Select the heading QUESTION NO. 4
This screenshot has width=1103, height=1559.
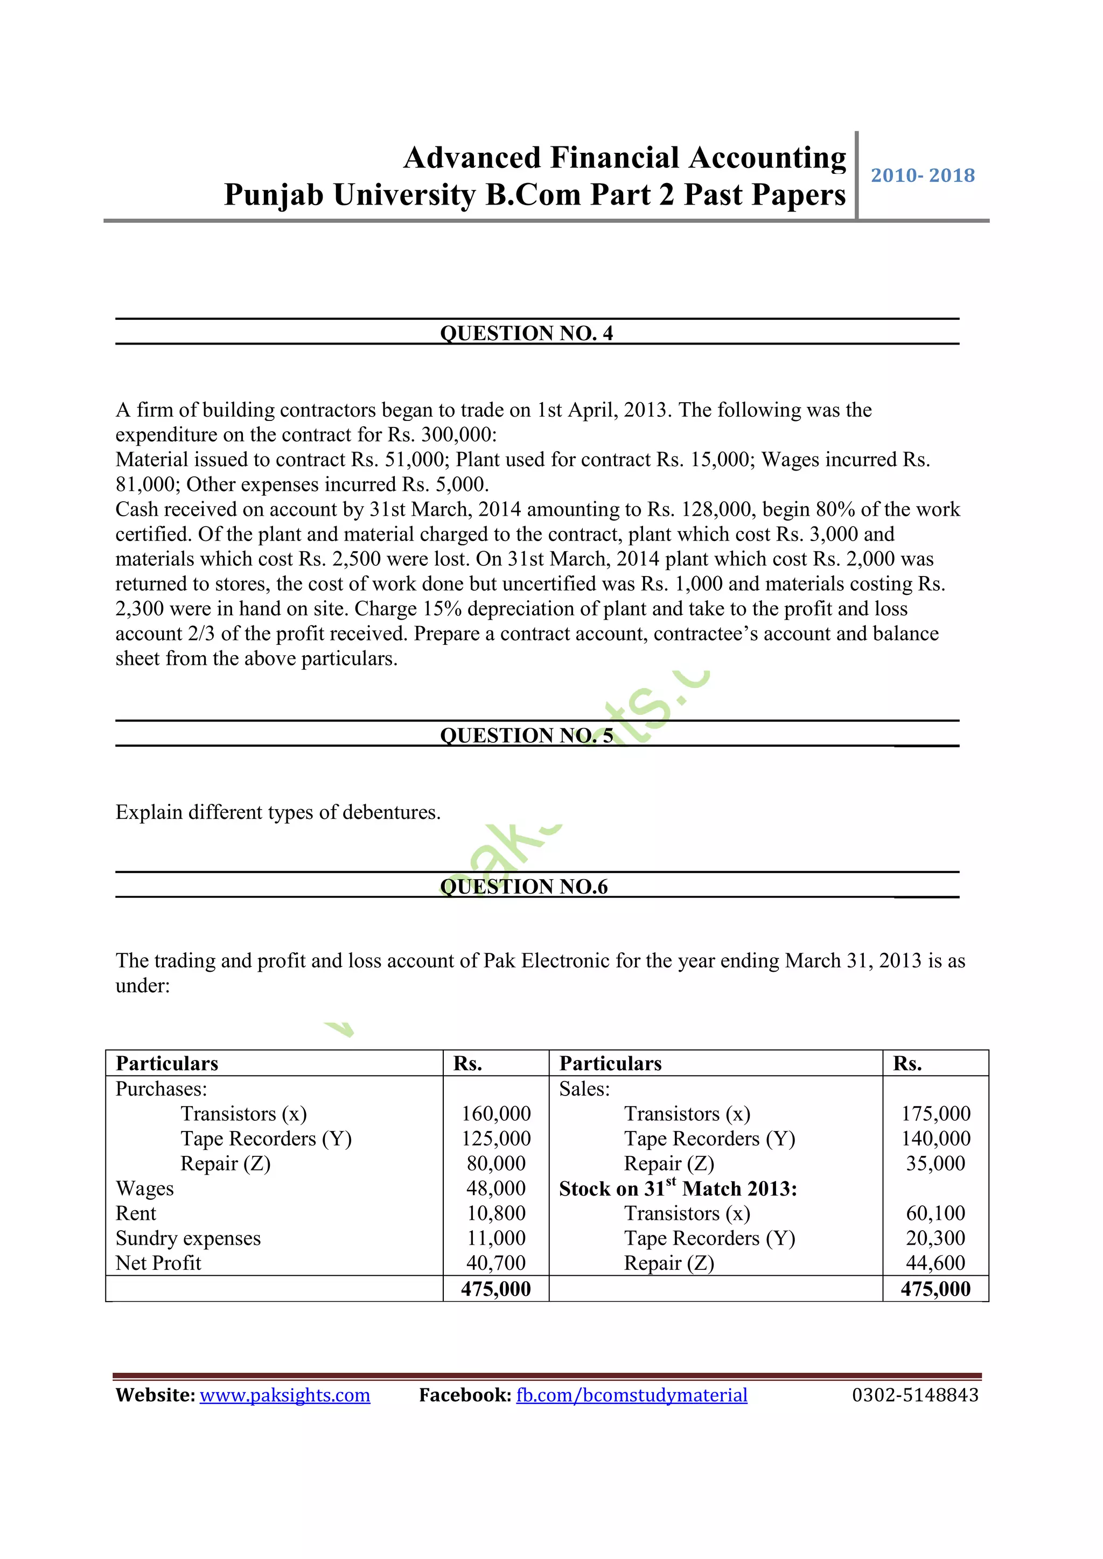click(526, 333)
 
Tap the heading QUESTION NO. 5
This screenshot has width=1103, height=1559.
click(526, 735)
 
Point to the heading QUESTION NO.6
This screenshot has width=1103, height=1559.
click(523, 886)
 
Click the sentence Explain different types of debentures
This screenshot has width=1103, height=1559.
click(278, 812)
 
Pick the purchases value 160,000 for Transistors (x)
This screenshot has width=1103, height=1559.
click(496, 1114)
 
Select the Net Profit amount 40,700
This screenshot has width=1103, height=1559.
click(496, 1263)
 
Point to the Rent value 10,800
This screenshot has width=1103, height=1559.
click(496, 1213)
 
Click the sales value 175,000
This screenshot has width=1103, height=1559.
click(936, 1114)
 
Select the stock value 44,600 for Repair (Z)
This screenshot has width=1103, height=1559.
click(936, 1263)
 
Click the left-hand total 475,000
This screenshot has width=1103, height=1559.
click(496, 1289)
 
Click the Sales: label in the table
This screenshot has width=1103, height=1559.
click(584, 1089)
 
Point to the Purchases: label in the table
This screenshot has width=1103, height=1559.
click(161, 1089)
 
